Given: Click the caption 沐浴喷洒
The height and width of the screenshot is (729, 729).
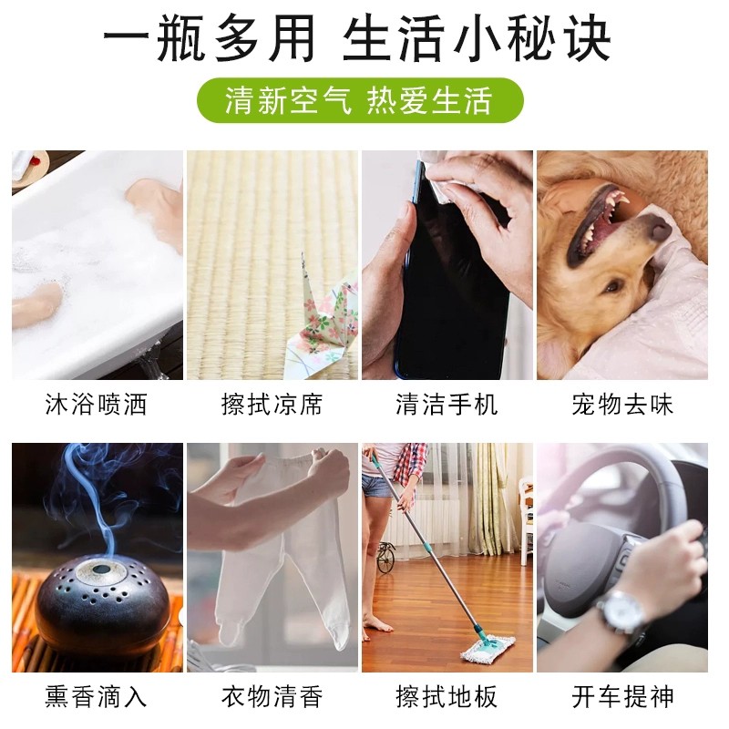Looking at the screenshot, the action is (x=97, y=404).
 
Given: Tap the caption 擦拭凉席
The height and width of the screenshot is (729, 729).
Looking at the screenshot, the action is (x=272, y=404).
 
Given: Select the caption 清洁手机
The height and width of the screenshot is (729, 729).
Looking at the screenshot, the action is (x=447, y=404).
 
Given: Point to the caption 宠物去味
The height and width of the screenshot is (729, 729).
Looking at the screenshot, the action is (x=622, y=404).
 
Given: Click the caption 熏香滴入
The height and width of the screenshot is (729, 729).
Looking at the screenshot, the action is (x=97, y=696).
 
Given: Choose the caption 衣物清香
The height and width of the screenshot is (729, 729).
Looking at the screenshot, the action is (x=272, y=696).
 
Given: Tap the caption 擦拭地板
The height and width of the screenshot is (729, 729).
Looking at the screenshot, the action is (x=447, y=696).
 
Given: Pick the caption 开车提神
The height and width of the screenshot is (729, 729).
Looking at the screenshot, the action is (x=622, y=696).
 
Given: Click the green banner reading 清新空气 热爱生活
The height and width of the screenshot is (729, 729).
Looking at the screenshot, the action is (x=360, y=100).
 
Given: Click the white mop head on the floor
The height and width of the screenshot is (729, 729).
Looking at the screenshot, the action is (x=488, y=649).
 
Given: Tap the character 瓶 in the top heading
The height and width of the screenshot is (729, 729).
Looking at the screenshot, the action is (x=180, y=38).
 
